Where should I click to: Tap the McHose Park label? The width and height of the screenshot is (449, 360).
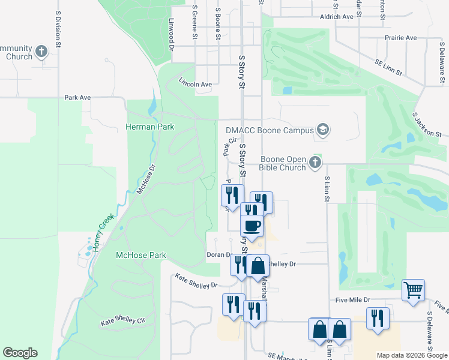[x=140, y=255]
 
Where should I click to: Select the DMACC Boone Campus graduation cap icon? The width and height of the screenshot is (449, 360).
[x=323, y=130]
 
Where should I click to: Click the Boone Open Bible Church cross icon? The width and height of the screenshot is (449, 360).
[x=315, y=162]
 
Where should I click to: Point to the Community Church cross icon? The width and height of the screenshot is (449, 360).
[x=41, y=52]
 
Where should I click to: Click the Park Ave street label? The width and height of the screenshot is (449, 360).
[x=77, y=97]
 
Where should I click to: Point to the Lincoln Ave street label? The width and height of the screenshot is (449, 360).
[x=195, y=85]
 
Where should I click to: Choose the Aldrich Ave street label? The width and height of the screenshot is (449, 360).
[x=337, y=17]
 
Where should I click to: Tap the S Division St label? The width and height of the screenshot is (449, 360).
[x=58, y=31]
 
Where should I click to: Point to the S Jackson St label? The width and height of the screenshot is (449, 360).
[x=427, y=124]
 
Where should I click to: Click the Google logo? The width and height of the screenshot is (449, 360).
[x=20, y=353]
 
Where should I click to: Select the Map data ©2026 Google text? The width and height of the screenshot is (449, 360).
[x=411, y=355]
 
